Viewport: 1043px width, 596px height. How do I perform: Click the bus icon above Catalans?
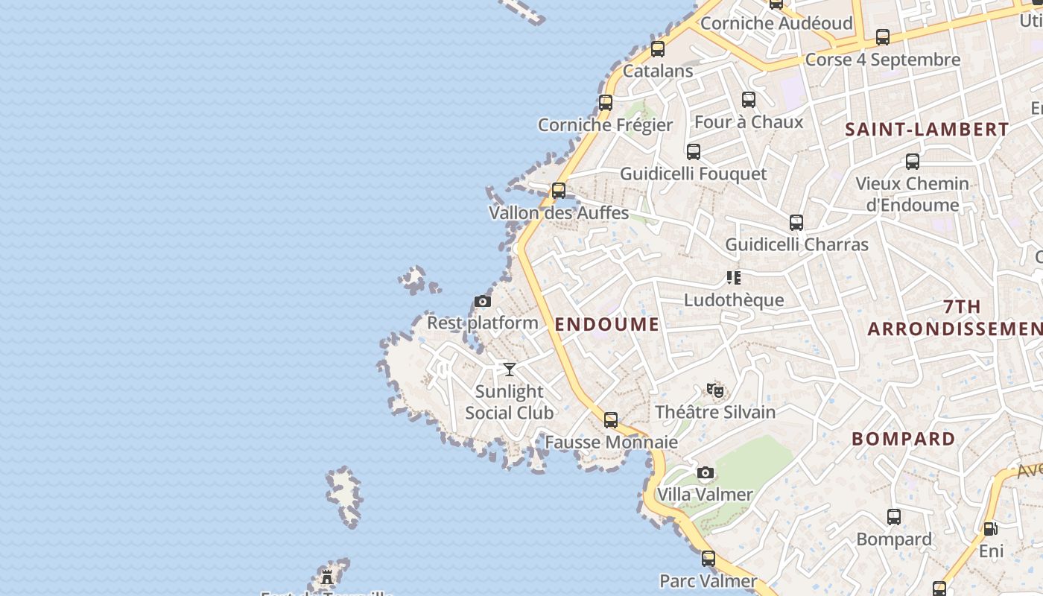[x=658, y=49]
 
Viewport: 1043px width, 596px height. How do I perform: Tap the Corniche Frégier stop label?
[x=605, y=125]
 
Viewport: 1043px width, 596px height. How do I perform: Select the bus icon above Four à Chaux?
[x=749, y=100]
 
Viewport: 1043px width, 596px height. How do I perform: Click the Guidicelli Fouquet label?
[x=693, y=174]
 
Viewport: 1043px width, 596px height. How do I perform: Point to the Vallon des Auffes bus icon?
[x=559, y=191]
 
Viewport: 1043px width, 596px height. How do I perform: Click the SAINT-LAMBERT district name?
[x=927, y=130]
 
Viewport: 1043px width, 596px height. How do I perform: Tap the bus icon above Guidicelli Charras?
[x=796, y=223]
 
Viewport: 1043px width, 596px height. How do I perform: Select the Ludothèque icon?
[x=734, y=279]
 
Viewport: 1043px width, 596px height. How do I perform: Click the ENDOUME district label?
[x=606, y=324]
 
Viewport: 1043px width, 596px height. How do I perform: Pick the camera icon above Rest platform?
[x=483, y=302]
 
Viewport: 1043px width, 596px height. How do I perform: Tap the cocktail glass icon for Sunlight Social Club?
[x=510, y=370]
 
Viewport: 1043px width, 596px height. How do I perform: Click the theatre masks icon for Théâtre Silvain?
[x=715, y=390]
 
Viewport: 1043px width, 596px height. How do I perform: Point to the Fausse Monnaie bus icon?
[x=611, y=420]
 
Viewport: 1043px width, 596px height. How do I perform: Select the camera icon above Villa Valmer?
[x=705, y=473]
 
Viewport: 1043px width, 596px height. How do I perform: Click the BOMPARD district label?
[x=903, y=439]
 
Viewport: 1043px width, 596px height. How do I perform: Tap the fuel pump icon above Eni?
[x=990, y=529]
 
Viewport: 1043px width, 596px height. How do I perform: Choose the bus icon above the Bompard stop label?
[x=894, y=517]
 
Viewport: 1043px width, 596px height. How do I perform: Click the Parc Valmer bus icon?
[x=708, y=559]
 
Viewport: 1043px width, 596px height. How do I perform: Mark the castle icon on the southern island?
[x=327, y=577]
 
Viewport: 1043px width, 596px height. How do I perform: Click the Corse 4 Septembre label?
[x=883, y=60]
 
